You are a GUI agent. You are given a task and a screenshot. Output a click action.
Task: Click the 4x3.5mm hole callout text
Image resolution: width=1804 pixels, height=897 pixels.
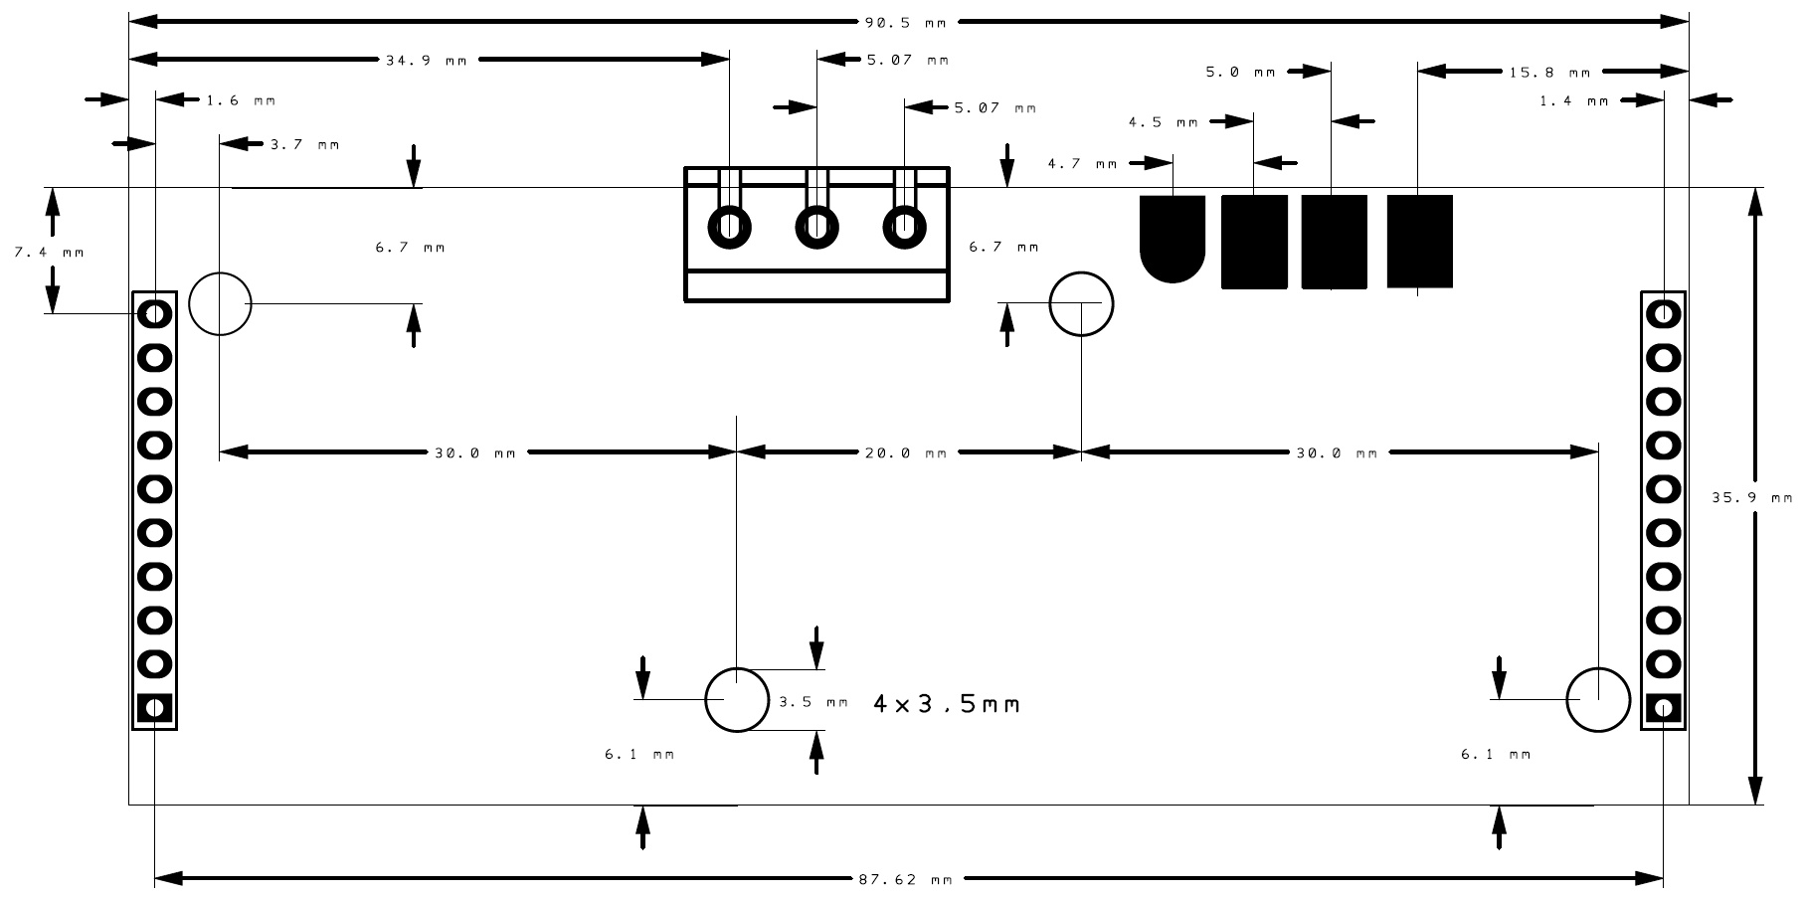(946, 704)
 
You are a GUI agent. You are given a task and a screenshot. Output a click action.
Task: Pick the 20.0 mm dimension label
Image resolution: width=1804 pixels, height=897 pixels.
(905, 453)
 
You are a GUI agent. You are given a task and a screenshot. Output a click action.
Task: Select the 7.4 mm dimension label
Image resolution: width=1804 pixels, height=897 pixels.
(49, 253)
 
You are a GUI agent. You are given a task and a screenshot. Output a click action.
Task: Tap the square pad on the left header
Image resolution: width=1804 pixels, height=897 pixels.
(154, 708)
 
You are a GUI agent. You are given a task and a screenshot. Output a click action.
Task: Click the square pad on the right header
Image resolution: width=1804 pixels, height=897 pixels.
(1663, 708)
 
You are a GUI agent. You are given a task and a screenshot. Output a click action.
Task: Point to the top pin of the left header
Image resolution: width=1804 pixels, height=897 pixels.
(154, 314)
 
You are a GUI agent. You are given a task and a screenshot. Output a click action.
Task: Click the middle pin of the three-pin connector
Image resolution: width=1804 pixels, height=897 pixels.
(816, 226)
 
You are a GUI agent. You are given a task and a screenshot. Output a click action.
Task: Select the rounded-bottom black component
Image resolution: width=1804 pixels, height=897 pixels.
(1173, 238)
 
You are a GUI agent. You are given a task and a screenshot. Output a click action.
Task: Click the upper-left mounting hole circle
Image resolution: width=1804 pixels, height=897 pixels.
(220, 303)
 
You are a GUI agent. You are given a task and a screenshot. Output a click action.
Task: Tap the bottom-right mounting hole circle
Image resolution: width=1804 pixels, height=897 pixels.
(1598, 700)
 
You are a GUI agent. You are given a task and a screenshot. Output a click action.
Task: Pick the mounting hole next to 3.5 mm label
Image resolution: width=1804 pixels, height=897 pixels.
(737, 700)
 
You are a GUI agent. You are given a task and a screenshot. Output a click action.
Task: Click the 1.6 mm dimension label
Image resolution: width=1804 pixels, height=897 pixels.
(241, 100)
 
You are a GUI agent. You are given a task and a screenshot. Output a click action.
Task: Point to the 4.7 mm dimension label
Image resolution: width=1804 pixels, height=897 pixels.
(1082, 164)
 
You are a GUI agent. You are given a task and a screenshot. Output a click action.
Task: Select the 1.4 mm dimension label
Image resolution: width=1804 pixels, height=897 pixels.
(1573, 101)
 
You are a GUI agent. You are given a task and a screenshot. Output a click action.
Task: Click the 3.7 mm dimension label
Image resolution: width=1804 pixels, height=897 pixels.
(304, 145)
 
